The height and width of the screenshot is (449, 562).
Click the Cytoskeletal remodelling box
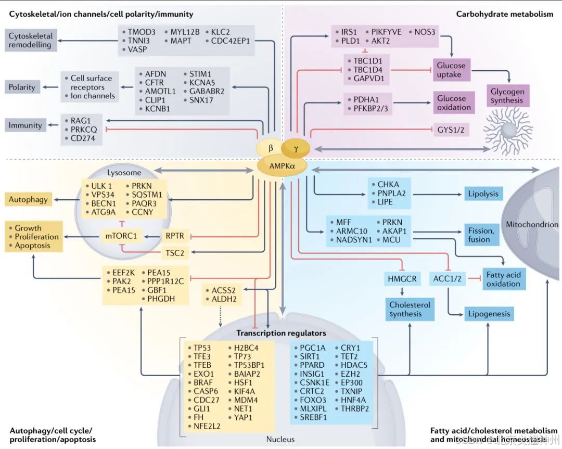(x=30, y=40)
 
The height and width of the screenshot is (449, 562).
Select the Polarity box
(x=22, y=87)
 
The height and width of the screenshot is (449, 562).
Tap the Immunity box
(x=25, y=125)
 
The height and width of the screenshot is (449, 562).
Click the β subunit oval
(x=271, y=148)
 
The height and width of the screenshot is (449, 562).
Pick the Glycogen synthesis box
(x=508, y=96)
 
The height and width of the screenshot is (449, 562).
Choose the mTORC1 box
(x=121, y=236)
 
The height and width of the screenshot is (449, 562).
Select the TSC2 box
(x=174, y=253)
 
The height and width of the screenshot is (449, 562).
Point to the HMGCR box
(x=403, y=279)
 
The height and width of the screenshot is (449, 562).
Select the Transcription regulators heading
(x=282, y=332)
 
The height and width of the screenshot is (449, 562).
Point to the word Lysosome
(x=124, y=172)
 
